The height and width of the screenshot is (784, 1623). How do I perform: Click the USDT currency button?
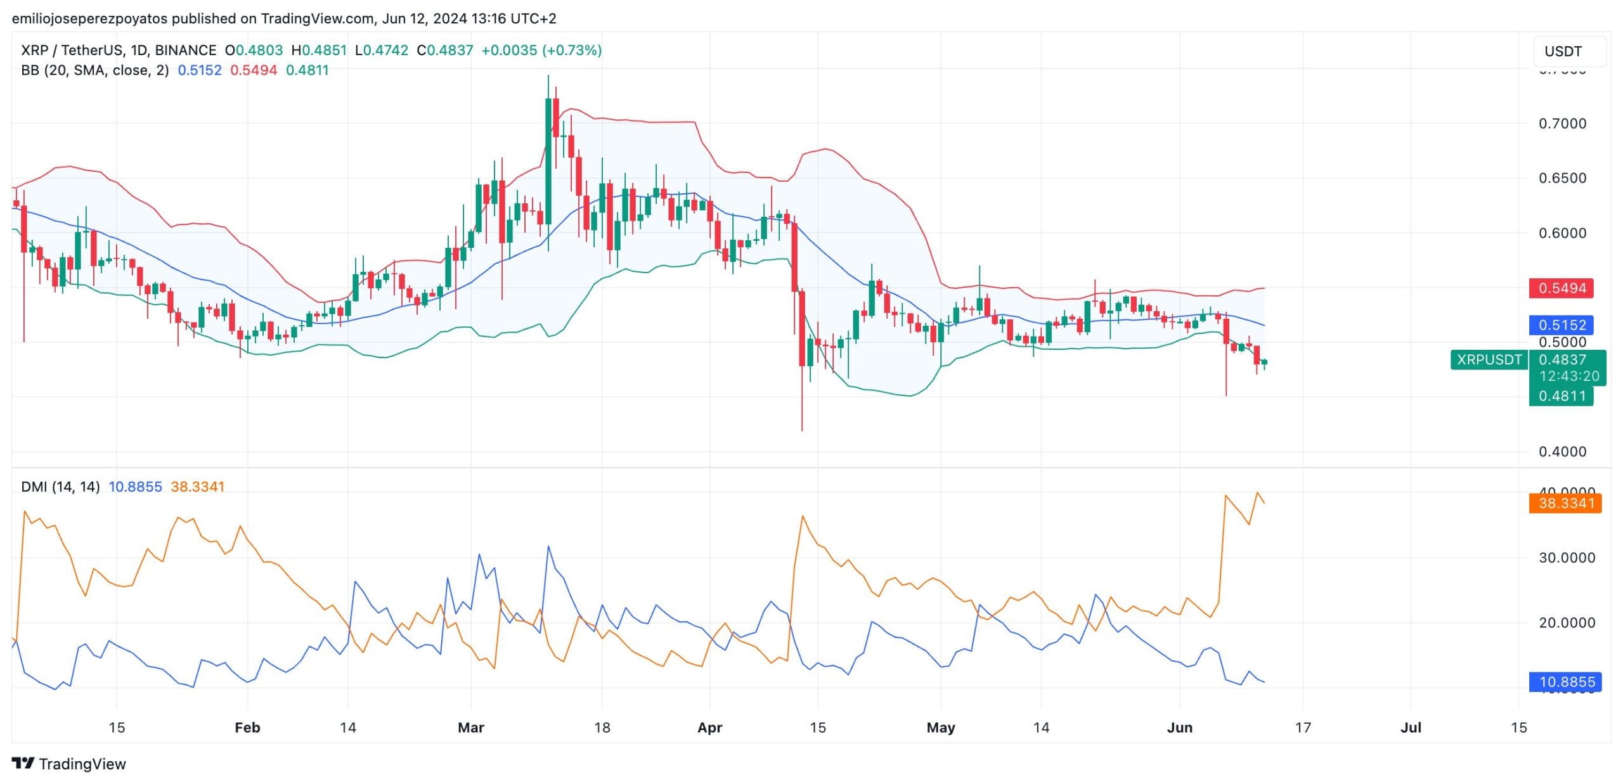click(x=1568, y=51)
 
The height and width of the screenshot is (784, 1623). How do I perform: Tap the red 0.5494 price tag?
click(x=1562, y=288)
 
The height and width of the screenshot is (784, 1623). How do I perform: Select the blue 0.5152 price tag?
click(x=1562, y=325)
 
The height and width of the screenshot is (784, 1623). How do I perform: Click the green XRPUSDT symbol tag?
click(x=1489, y=360)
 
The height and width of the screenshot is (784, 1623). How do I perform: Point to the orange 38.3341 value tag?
click(x=1565, y=503)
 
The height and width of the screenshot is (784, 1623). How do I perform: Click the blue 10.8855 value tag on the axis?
click(x=1565, y=682)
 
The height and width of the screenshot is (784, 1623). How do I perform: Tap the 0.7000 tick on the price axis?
click(x=1562, y=124)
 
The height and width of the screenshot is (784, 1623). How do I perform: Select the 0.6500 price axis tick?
click(x=1562, y=178)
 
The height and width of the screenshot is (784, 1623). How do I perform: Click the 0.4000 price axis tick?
click(x=1562, y=452)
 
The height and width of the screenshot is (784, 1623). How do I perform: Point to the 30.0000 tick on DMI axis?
click(x=1567, y=558)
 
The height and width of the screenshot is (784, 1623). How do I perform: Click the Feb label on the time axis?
click(x=247, y=728)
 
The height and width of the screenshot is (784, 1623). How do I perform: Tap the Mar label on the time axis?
click(x=471, y=728)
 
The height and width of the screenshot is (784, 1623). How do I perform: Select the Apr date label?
click(x=709, y=728)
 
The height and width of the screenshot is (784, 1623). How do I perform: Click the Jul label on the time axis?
click(x=1411, y=728)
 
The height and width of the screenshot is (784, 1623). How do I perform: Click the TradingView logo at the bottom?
click(x=69, y=764)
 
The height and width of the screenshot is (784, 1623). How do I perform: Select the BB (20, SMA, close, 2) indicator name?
click(x=95, y=70)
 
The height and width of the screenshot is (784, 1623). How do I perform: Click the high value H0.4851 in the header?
click(x=319, y=50)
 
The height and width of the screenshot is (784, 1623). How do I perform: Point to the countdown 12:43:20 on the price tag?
click(x=1569, y=376)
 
